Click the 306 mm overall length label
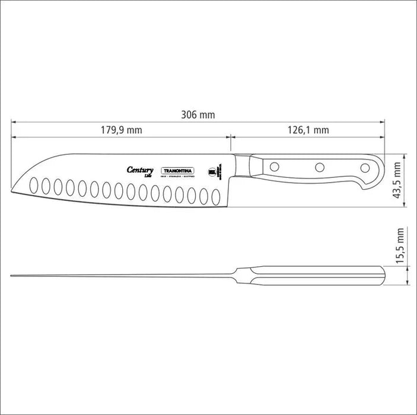[x=198, y=115]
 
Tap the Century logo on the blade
[x=141, y=170]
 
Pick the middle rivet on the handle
[x=320, y=167]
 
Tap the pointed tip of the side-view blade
[x=13, y=189]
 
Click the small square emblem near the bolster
[x=212, y=172]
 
